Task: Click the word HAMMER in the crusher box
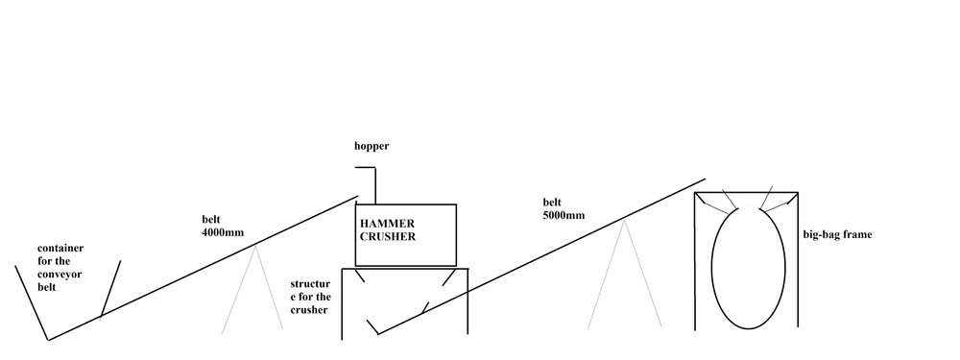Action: [387, 224]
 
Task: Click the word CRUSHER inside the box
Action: [387, 237]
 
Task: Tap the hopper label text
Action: [372, 146]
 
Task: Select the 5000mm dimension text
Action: [564, 215]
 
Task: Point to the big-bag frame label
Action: [837, 234]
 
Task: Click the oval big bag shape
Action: [712, 268]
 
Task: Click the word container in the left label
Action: [60, 249]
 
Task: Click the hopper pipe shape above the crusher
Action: [374, 185]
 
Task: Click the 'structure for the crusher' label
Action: [310, 297]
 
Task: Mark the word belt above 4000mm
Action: [210, 219]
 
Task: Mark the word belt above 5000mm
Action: [552, 202]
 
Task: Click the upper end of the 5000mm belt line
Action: [706, 180]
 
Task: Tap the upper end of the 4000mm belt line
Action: [357, 197]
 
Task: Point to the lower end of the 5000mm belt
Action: [378, 334]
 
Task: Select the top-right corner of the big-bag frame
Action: [798, 192]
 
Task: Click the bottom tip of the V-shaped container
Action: [48, 340]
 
